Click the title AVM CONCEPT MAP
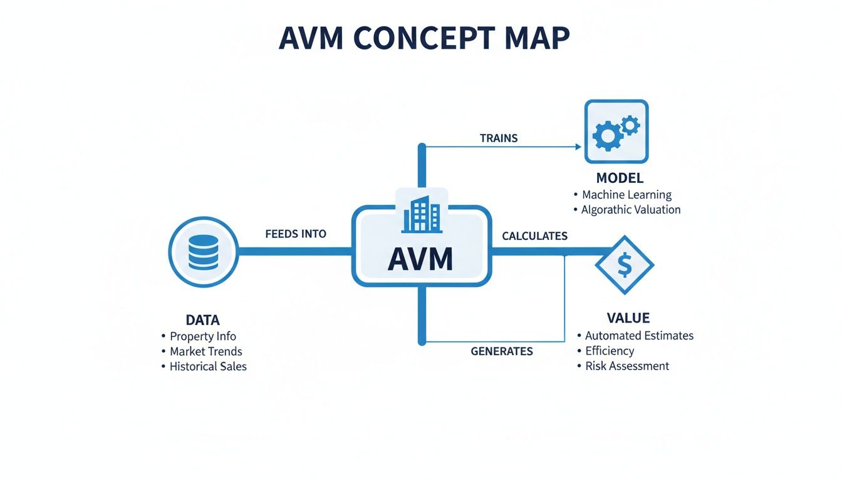coord(424,39)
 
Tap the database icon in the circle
coord(203,252)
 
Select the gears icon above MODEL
coord(616,132)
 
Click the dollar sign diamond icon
coord(624,265)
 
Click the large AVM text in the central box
coord(420,259)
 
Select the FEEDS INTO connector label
coord(296,234)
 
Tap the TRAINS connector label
coord(499,138)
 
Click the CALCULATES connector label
coord(534,236)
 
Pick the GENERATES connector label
coord(501,351)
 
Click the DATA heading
coord(202,319)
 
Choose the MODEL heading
coord(620,178)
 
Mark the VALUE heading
coord(628,318)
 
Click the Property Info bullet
coord(203,336)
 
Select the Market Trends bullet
coord(205,351)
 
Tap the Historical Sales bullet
coord(208,366)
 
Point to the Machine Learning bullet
coord(626,195)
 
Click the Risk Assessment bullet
coord(626,366)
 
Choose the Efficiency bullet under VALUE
coord(610,351)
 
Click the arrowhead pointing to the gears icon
coord(578,147)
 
